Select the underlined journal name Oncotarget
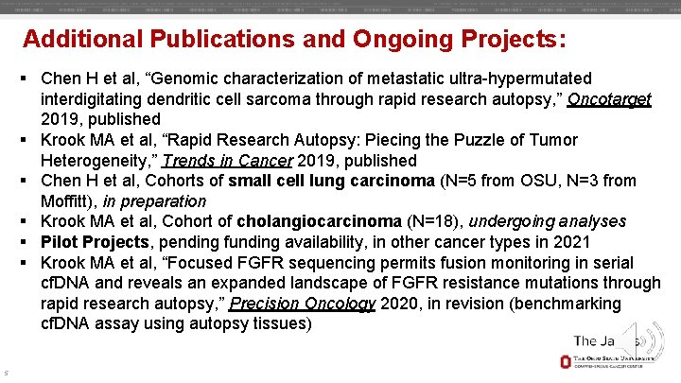609,98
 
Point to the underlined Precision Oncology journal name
303,304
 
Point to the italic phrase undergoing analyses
548,221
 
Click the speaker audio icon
650,340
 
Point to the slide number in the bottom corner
6,371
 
